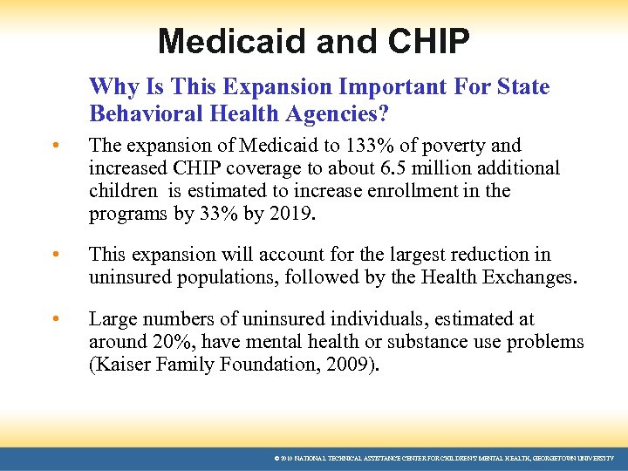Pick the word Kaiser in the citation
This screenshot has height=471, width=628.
coord(120,365)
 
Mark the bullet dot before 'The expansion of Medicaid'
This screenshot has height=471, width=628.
coord(54,146)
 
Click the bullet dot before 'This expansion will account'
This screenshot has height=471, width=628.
coord(54,256)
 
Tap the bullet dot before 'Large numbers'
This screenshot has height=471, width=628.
coord(54,320)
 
